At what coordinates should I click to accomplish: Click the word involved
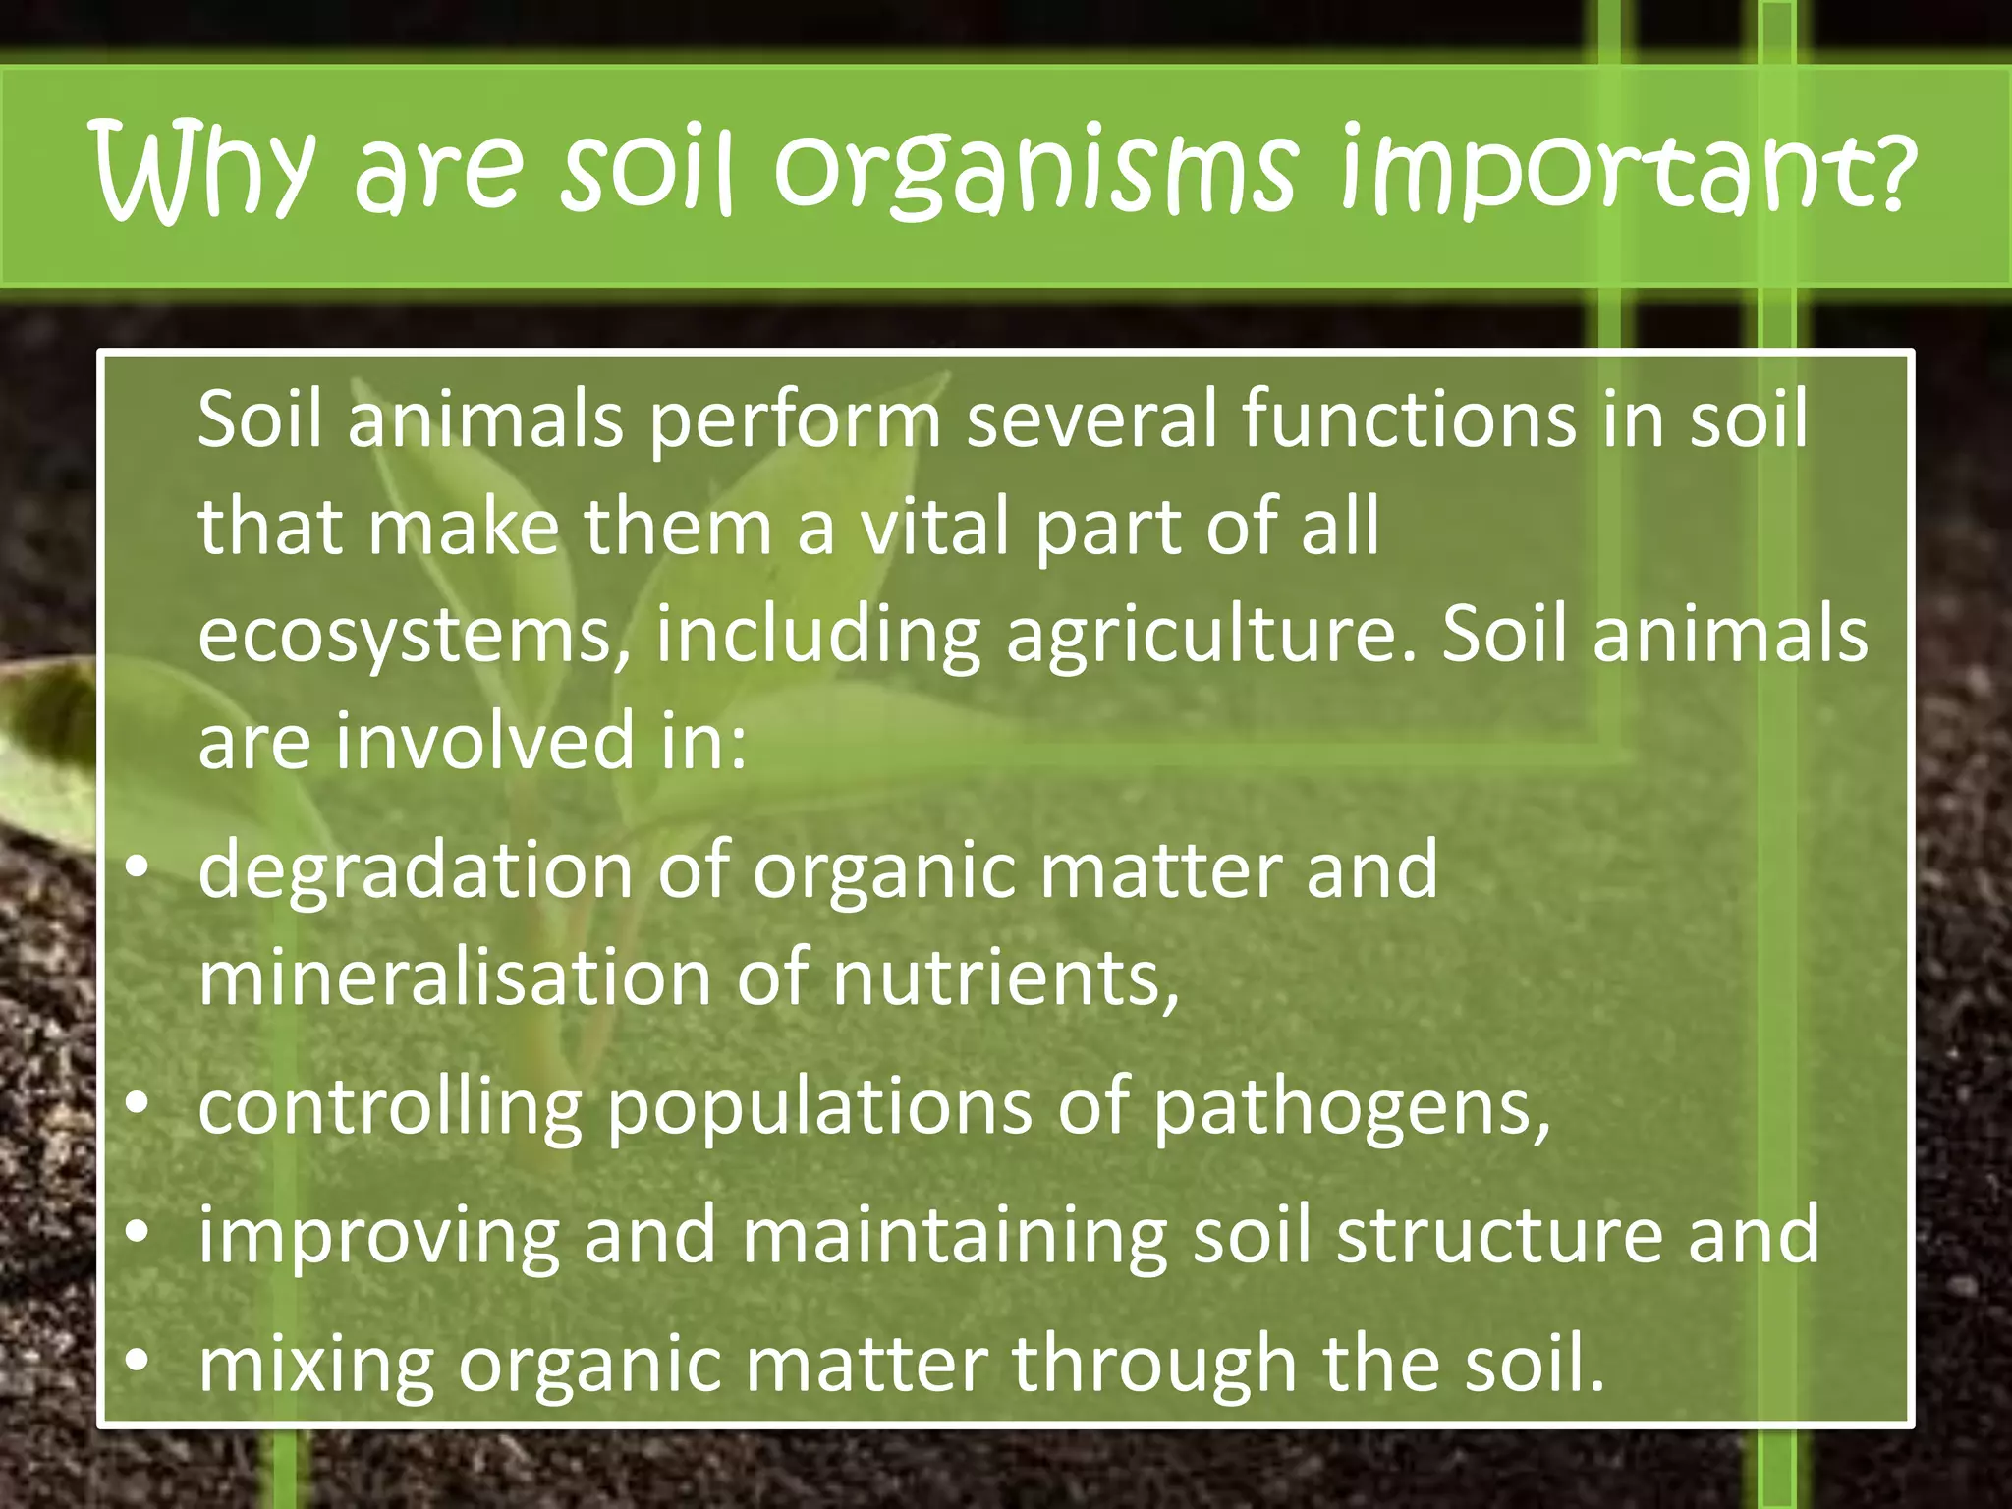click(485, 742)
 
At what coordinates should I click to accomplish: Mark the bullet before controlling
click(138, 1103)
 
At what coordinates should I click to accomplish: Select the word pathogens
click(1351, 1108)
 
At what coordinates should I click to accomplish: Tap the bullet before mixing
click(138, 1360)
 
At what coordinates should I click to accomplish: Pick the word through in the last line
click(1155, 1365)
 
